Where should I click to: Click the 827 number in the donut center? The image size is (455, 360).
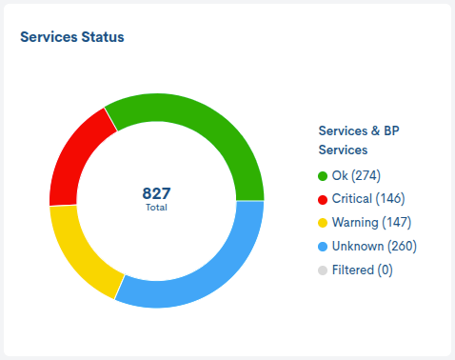click(x=156, y=193)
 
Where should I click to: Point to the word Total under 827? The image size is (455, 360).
click(x=156, y=207)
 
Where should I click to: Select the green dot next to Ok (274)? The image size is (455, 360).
click(x=323, y=176)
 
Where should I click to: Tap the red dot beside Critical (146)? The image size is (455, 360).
click(x=323, y=199)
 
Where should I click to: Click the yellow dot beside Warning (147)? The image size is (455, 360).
click(x=323, y=223)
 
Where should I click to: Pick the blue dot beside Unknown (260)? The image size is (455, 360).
click(x=323, y=247)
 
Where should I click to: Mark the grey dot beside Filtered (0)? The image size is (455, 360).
click(x=323, y=270)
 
